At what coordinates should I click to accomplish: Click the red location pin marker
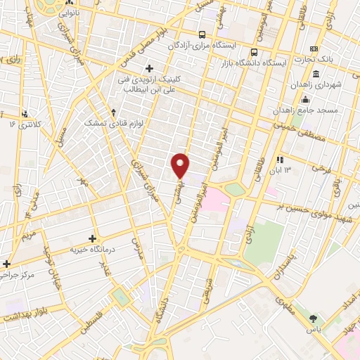pos(181,165)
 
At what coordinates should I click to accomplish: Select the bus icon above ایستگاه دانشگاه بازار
pos(254,51)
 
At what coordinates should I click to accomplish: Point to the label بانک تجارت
pos(336,59)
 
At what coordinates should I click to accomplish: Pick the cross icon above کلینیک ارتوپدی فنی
pos(149,68)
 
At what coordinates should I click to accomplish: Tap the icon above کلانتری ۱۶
pos(25,114)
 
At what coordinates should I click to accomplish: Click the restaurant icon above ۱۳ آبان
pos(280,159)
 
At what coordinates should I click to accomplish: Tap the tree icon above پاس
pos(313,319)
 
